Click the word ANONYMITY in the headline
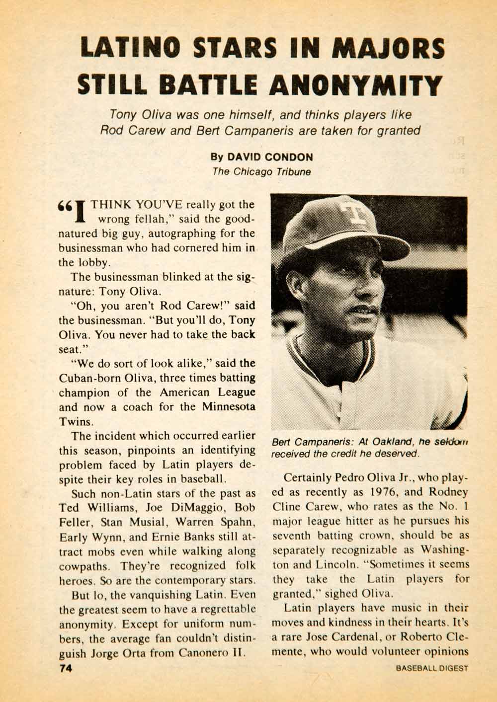point(355,85)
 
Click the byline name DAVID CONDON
point(270,157)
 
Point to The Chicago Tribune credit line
point(261,172)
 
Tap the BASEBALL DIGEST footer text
point(432,668)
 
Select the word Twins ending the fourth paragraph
point(76,421)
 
